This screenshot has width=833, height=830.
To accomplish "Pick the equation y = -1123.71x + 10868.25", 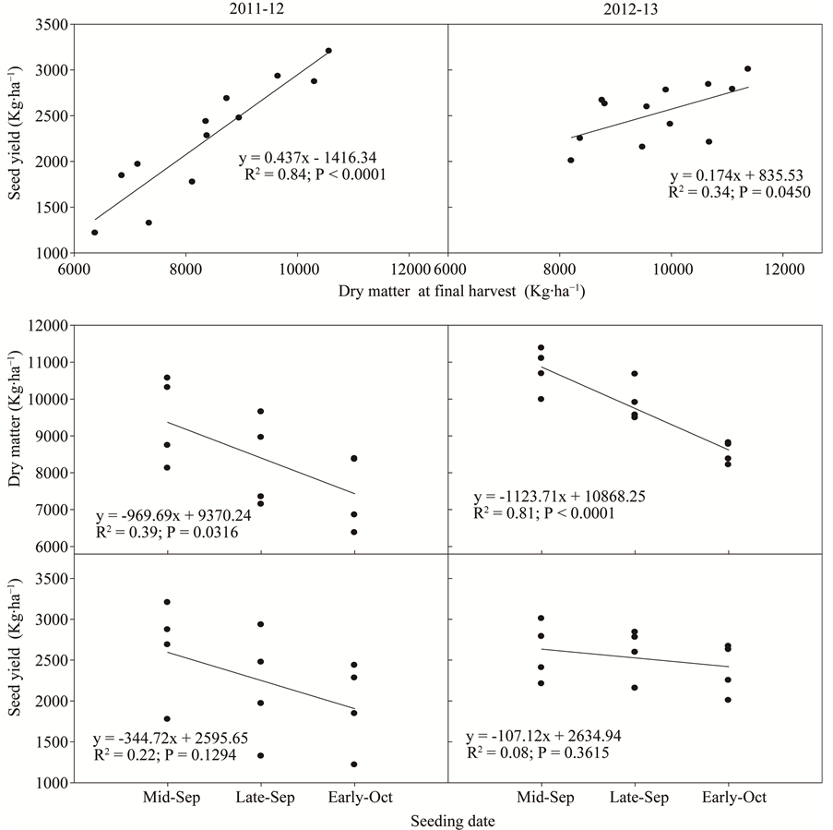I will [560, 496].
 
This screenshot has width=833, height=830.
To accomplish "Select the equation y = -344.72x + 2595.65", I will [172, 740].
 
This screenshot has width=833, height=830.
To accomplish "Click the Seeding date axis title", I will [453, 821].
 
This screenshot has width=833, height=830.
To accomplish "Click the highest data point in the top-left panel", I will [328, 51].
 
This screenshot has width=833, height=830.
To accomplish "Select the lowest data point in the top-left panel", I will [95, 233].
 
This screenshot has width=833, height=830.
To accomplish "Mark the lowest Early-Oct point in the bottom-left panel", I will [354, 764].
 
